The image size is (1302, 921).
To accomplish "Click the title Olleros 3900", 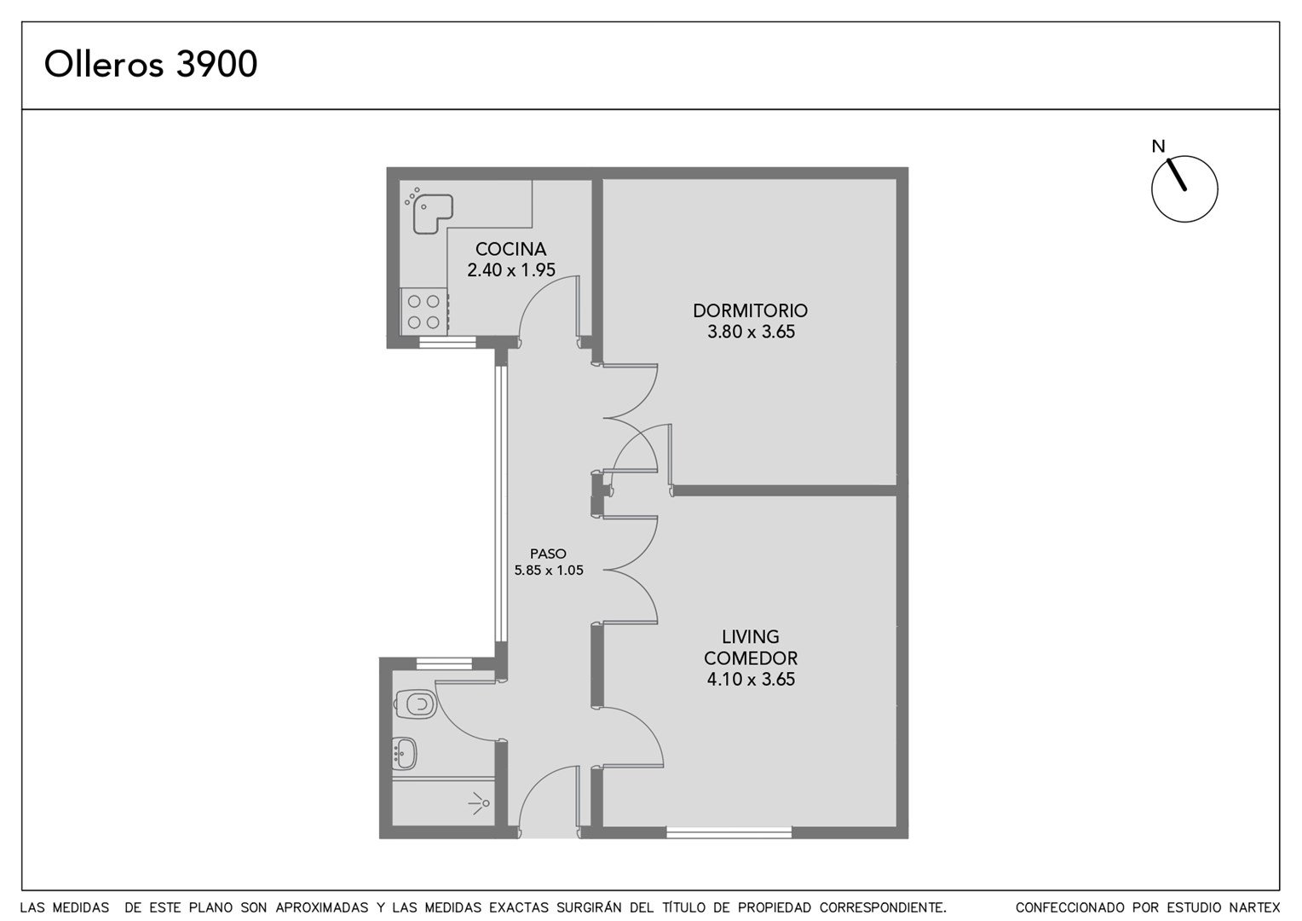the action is pyautogui.click(x=151, y=64).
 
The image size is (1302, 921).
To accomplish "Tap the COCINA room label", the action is pyautogui.click(x=511, y=249).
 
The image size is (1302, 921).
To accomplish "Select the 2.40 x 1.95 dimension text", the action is pyautogui.click(x=511, y=270).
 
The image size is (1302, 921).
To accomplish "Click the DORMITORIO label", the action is pyautogui.click(x=751, y=310).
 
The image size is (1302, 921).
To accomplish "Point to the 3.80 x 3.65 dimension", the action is pyautogui.click(x=751, y=332).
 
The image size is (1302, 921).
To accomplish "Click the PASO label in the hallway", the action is pyautogui.click(x=548, y=553).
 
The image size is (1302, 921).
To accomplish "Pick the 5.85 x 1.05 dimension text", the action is pyautogui.click(x=549, y=571).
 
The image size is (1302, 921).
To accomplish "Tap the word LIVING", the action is pyautogui.click(x=751, y=636).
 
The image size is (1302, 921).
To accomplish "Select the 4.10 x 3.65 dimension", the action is pyautogui.click(x=751, y=679).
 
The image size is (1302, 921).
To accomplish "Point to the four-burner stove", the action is pyautogui.click(x=423, y=311).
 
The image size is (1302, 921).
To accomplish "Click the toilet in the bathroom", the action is pyautogui.click(x=415, y=704).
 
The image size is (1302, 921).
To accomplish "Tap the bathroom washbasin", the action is pyautogui.click(x=405, y=754).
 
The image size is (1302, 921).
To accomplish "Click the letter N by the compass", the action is pyautogui.click(x=1159, y=147).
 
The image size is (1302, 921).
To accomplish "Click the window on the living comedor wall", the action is pyautogui.click(x=729, y=832).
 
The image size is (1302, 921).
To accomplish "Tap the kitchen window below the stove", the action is pyautogui.click(x=447, y=342).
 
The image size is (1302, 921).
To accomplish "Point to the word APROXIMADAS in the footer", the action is pyautogui.click(x=322, y=907).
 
